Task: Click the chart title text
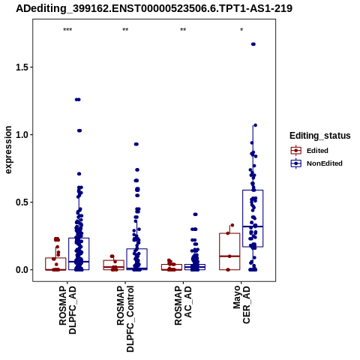(x=154, y=8)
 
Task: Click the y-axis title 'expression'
(x=8, y=150)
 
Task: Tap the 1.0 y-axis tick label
(x=22, y=135)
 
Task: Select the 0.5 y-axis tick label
(x=22, y=202)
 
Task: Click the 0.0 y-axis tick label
(x=22, y=270)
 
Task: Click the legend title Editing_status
(x=320, y=136)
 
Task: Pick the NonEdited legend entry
(x=316, y=163)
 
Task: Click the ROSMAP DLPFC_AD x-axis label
(x=67, y=310)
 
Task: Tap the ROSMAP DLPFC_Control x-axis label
(x=125, y=319)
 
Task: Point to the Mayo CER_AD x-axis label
(x=241, y=304)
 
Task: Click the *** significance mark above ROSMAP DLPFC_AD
(x=67, y=30)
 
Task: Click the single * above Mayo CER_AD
(x=241, y=29)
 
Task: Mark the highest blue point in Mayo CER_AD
(x=253, y=44)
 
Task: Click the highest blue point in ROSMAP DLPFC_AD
(x=78, y=100)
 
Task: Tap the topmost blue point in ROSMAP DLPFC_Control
(x=136, y=144)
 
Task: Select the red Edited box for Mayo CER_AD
(x=229, y=251)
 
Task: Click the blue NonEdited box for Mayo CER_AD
(x=253, y=218)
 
